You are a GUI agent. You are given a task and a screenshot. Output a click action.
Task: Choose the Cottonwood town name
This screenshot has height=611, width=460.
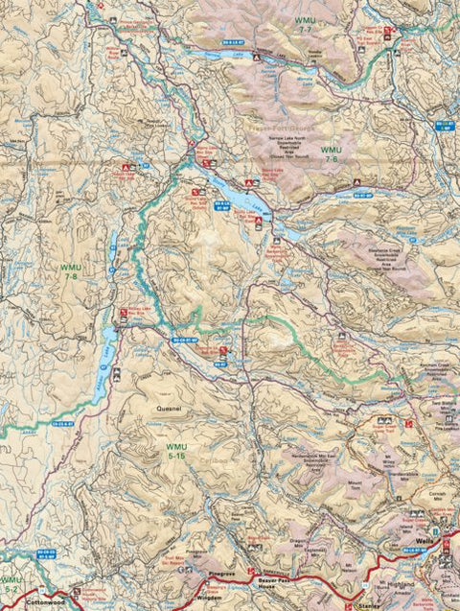pyautogui.click(x=45, y=603)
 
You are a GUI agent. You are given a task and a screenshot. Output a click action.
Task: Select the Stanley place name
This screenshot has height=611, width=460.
pyautogui.click(x=366, y=605)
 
